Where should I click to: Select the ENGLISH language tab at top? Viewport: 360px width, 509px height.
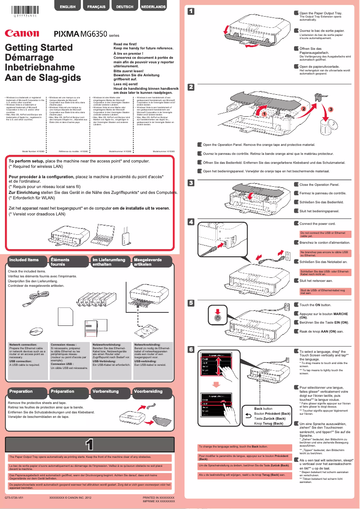click(67, 7)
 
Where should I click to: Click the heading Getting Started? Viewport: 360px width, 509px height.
click(39, 48)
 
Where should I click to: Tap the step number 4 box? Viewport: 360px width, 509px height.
click(191, 222)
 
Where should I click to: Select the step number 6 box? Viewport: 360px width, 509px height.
click(191, 349)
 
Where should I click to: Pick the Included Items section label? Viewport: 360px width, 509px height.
click(24, 260)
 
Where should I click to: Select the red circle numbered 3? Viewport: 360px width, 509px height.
click(331, 109)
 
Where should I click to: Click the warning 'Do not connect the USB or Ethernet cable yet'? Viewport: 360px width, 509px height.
click(323, 234)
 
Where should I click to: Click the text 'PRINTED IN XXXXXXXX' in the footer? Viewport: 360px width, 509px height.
click(158, 498)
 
